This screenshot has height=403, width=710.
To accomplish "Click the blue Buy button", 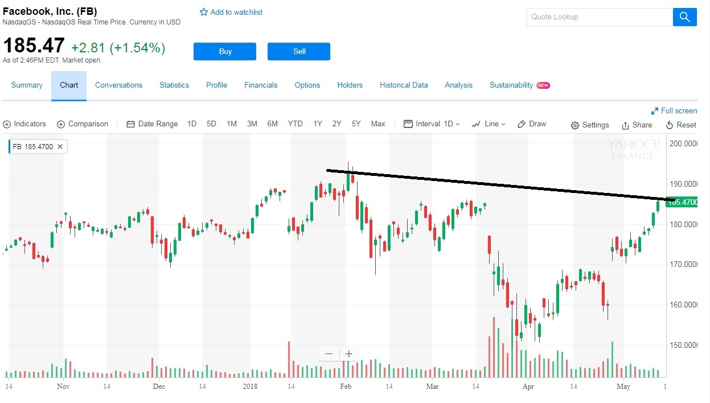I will tap(225, 51).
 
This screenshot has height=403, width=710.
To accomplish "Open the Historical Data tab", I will tap(404, 85).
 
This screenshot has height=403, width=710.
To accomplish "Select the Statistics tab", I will tap(174, 85).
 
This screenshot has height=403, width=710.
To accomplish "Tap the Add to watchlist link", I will tap(231, 12).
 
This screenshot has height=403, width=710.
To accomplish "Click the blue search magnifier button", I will tap(684, 17).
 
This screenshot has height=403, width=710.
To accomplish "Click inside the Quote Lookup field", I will tap(599, 17).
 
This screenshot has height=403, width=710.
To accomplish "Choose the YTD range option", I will tap(295, 124).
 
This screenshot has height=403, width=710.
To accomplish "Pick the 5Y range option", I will tap(356, 124).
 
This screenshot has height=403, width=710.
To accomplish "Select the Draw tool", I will tap(532, 124).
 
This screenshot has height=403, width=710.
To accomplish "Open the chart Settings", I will tap(590, 125).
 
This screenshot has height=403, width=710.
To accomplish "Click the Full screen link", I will tap(674, 110).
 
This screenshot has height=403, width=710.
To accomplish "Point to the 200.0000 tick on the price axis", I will tap(683, 143).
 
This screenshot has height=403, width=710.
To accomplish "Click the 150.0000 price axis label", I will tap(683, 345).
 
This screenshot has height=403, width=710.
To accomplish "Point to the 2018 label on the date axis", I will tap(250, 386).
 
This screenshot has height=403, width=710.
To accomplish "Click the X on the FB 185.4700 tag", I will tap(60, 146).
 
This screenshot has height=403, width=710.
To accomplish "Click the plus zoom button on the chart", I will tap(349, 354).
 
